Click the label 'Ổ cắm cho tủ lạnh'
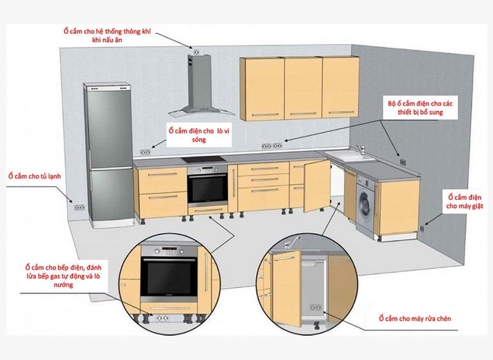[35, 176]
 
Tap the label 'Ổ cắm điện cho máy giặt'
[465, 202]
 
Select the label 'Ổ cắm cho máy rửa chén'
[415, 319]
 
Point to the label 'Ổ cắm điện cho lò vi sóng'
[199, 135]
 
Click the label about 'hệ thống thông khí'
[107, 36]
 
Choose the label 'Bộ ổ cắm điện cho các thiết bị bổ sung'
[420, 108]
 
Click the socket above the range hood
[196, 52]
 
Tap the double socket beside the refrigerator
[79, 208]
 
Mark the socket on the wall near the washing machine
[422, 229]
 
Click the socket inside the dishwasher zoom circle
[316, 307]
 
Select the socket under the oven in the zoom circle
[163, 319]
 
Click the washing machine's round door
[365, 205]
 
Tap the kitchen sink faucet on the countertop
[361, 149]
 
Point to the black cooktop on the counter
[205, 160]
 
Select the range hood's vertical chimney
[198, 83]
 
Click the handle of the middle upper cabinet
[303, 114]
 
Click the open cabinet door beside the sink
[317, 186]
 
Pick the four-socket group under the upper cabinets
[272, 146]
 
